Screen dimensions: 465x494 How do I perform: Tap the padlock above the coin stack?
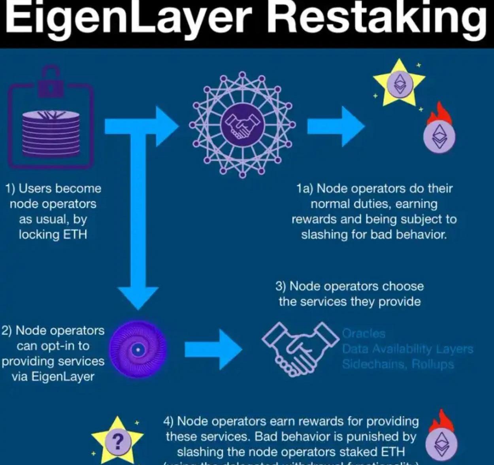pyautogui.click(x=51, y=81)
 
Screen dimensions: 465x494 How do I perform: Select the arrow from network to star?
pyautogui.click(x=336, y=126)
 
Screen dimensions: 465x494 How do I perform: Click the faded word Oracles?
pyautogui.click(x=364, y=334)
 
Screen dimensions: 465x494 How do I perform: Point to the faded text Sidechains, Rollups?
pyautogui.click(x=398, y=364)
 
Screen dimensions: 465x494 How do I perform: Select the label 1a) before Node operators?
pyautogui.click(x=305, y=189)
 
